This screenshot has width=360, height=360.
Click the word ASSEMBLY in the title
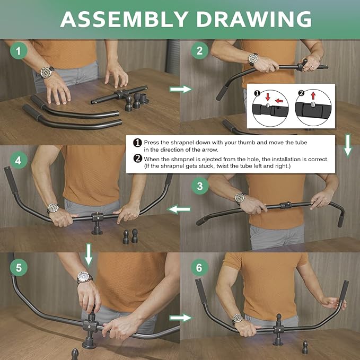tap(124, 19)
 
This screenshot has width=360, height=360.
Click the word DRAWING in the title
tap(254, 19)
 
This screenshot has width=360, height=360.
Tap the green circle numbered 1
tap(19, 51)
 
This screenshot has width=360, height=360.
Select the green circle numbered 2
tap(199, 51)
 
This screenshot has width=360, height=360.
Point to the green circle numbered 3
tap(200, 186)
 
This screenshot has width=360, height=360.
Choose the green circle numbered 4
tap(19, 160)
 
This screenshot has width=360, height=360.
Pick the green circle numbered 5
tap(19, 267)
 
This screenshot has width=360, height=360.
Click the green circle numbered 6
tap(199, 267)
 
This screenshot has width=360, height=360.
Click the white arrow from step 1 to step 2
tap(180, 89)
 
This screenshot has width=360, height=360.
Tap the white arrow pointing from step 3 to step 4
tap(179, 209)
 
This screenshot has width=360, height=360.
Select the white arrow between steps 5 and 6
tap(180, 318)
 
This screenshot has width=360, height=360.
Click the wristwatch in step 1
tap(47, 72)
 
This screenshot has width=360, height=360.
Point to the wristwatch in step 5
tap(84, 277)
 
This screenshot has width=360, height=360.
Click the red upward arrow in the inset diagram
tap(313, 96)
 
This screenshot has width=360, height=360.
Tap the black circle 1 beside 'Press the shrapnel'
tap(137, 143)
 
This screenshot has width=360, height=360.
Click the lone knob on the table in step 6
tap(305, 347)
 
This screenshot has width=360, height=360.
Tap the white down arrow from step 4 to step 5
tap(89, 254)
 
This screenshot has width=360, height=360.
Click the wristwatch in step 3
tap(240, 197)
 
